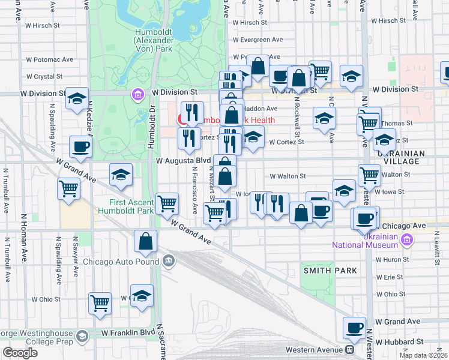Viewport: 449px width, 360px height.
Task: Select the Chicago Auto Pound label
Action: pyautogui.click(x=122, y=261)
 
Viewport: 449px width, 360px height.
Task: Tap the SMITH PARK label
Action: pyautogui.click(x=330, y=271)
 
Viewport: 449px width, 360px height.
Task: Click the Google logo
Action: pyautogui.click(x=20, y=353)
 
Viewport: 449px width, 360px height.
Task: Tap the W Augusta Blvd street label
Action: pyautogui.click(x=183, y=161)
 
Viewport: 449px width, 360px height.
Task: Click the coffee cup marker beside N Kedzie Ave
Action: pyautogui.click(x=80, y=146)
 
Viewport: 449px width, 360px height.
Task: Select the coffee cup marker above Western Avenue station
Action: pyautogui.click(x=354, y=327)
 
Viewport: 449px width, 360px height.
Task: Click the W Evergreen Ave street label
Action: pyautogui.click(x=258, y=40)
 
